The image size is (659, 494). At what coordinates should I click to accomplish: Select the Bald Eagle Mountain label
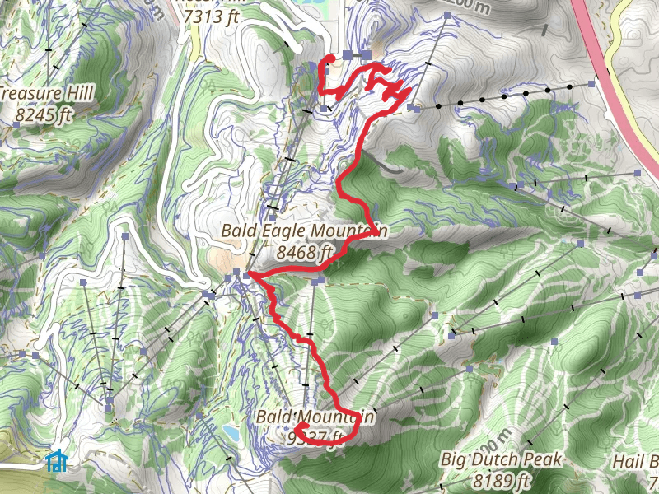click(x=304, y=231)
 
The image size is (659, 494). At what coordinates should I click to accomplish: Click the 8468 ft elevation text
click(x=305, y=252)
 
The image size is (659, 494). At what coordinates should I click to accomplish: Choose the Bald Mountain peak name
click(x=315, y=417)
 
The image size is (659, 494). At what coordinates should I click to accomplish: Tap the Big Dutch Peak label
click(x=501, y=459)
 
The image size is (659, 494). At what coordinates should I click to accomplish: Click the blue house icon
click(x=56, y=460)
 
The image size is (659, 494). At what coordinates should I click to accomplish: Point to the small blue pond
click(x=231, y=432)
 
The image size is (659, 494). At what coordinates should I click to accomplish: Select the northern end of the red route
click(x=329, y=58)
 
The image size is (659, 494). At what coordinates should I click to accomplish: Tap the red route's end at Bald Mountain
click(x=298, y=426)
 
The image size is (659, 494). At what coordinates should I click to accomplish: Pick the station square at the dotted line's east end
click(x=592, y=84)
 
